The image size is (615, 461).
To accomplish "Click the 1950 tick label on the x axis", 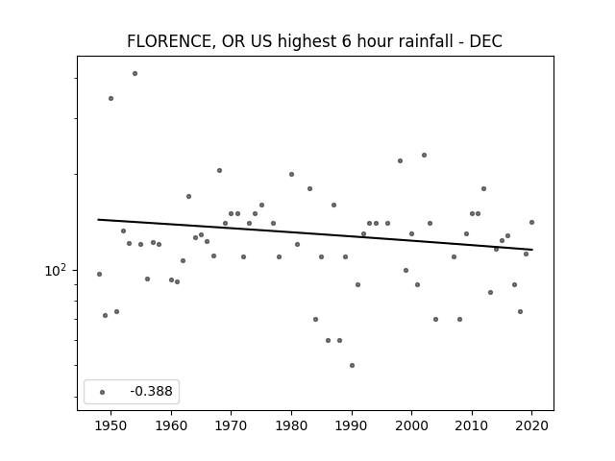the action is coord(111,426).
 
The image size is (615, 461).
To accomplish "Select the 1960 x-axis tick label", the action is coord(171,426).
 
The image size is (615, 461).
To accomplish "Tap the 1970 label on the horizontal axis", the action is coord(231,426).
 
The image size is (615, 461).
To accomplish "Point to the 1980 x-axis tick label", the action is coord(291,426).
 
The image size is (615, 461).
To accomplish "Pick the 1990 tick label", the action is coord(352,426).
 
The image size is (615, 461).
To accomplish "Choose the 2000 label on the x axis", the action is coord(411,426).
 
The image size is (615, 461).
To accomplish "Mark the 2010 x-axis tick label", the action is coord(472,426).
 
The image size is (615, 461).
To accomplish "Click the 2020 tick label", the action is coord(531,426).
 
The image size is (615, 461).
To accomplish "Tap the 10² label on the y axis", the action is coord(56,270).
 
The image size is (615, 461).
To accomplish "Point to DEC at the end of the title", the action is coord(486,41).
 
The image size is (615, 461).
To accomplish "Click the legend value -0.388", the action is coord(151,391).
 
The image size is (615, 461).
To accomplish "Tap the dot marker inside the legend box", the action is coord(103,392).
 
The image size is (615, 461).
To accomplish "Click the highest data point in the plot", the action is coord(135,73).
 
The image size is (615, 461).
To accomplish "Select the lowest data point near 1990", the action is coord(353,365).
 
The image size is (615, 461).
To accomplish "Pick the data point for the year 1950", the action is coord(111,98).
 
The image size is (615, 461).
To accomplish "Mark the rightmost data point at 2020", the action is coord(531,222).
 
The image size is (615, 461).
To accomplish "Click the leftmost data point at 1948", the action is coord(99,274).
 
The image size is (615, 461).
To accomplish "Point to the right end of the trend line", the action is coord(532,250).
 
